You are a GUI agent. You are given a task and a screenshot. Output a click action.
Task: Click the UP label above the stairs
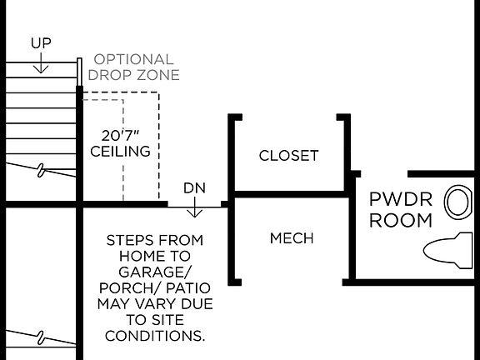tap(40, 42)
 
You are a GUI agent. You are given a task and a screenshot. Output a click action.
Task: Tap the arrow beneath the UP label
tap(40, 59)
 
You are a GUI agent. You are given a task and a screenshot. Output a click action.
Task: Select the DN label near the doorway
tap(194, 188)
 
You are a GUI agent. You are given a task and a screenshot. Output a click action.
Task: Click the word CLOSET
tap(288, 156)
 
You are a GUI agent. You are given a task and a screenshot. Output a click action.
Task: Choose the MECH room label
tap(292, 238)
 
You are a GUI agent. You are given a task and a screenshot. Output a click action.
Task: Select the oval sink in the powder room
tap(456, 202)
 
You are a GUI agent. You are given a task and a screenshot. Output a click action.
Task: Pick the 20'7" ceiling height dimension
tap(120, 136)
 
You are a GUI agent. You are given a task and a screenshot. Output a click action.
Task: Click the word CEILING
tap(120, 152)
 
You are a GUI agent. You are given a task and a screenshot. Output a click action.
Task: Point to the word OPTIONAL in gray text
tap(133, 60)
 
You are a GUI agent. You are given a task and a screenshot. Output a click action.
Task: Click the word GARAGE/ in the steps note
tap(154, 272)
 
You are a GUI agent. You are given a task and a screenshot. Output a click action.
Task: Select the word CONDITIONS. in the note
tap(154, 336)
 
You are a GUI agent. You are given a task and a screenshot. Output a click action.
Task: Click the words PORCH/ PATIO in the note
tap(154, 288)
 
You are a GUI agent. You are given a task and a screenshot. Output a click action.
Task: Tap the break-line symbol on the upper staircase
tap(41, 171)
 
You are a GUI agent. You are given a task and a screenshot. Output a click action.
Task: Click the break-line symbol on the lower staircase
tap(41, 337)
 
